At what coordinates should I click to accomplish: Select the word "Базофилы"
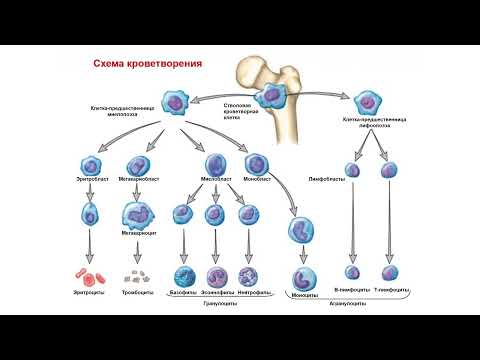tap(185, 293)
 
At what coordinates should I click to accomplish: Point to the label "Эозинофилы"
tap(218, 293)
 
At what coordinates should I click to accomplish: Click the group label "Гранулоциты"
tap(217, 303)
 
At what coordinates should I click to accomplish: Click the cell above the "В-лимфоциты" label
tap(352, 271)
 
